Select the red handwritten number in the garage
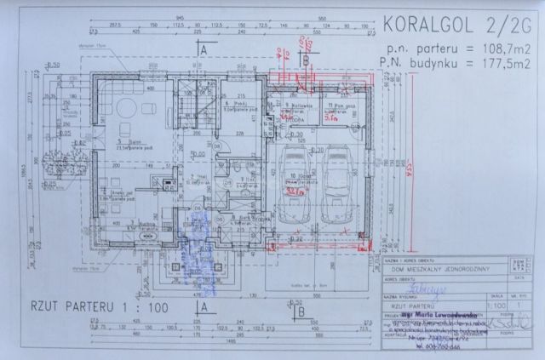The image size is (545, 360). (297, 192)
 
